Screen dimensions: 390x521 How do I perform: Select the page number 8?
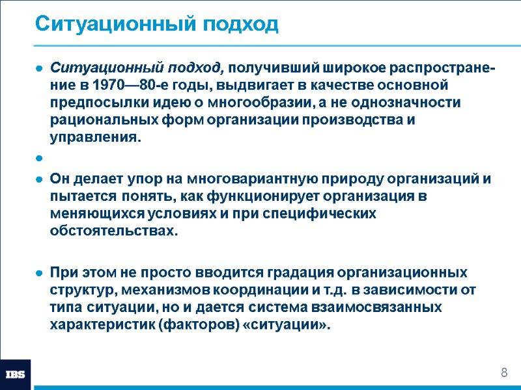[x=503, y=372]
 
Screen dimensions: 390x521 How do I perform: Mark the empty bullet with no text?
[x=40, y=158]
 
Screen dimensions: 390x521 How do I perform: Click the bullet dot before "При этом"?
[x=40, y=272]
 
